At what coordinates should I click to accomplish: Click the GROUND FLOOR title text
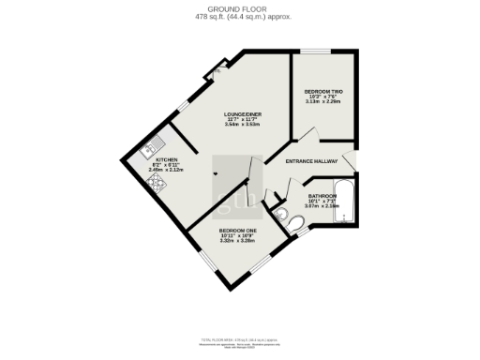pos(240,8)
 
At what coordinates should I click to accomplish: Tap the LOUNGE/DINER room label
pos(242,113)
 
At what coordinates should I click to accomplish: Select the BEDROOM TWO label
pos(322,90)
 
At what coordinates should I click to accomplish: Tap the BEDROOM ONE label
pos(238,230)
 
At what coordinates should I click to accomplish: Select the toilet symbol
pos(294,223)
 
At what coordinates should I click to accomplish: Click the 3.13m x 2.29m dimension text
pos(322,101)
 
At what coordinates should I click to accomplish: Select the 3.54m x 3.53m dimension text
pos(242,125)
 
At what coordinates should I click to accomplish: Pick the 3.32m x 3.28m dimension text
pos(238,240)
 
